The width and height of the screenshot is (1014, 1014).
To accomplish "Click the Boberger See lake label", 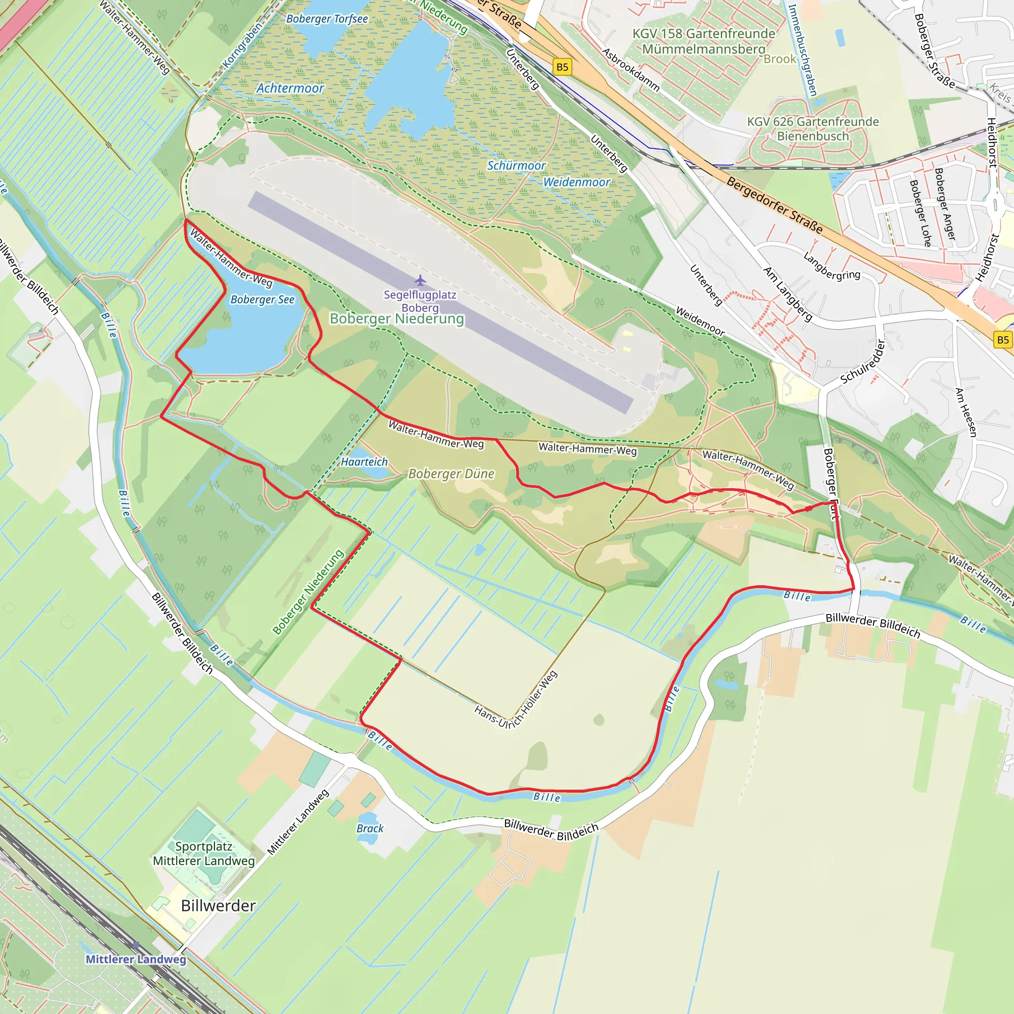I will point(262,300).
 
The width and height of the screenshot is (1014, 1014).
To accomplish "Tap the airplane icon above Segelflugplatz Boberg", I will point(420,280).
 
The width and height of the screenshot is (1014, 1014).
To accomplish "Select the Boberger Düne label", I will point(452,474).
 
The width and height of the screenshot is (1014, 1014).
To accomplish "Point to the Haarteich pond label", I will point(364,462).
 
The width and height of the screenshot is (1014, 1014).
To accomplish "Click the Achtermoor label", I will point(290,88).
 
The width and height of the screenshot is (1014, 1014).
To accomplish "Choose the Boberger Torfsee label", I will point(327,19).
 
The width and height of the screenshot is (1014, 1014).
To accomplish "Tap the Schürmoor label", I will point(516,166).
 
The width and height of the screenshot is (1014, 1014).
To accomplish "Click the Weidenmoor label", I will point(576,182).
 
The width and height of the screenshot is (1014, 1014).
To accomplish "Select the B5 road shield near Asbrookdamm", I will point(562,67).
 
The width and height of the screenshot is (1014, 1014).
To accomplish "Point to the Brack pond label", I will point(370,828).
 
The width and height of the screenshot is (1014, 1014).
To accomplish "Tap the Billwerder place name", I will point(218,906).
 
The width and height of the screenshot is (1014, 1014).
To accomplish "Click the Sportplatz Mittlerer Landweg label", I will point(203,854).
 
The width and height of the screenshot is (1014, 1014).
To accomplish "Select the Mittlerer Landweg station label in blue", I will point(136,959).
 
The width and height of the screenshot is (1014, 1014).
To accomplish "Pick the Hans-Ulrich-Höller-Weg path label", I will point(516,701).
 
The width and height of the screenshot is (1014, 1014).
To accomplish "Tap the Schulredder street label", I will point(863,362).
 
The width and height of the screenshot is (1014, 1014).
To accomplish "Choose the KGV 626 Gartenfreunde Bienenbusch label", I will point(813,129).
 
